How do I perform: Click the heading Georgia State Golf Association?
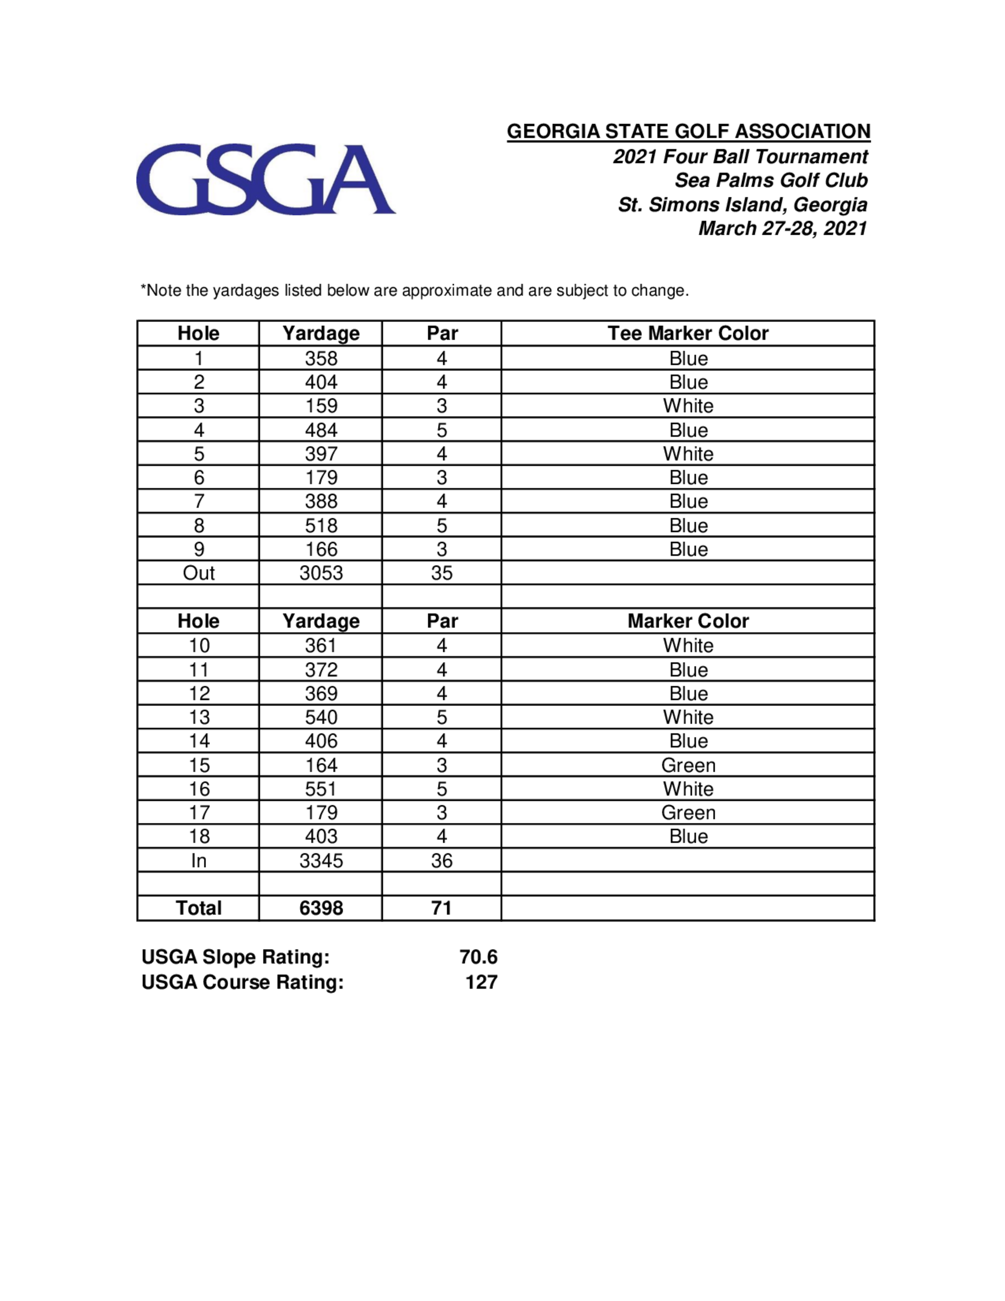pyautogui.click(x=688, y=131)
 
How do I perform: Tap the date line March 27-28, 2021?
pyautogui.click(x=782, y=228)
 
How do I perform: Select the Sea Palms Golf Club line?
pyautogui.click(x=771, y=180)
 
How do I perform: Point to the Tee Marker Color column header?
pyautogui.click(x=687, y=333)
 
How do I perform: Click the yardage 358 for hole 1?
pyautogui.click(x=321, y=358)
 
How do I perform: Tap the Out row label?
pyautogui.click(x=198, y=573)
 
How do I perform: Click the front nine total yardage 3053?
pyautogui.click(x=321, y=573)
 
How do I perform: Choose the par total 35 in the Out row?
pyautogui.click(x=442, y=573)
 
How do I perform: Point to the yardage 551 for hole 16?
pyautogui.click(x=321, y=789)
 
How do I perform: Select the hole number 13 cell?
pyautogui.click(x=199, y=717)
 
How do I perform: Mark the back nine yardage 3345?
pyautogui.click(x=321, y=861)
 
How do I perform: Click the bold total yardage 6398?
pyautogui.click(x=321, y=908)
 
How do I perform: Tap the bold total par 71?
pyautogui.click(x=442, y=908)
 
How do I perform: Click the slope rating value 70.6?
pyautogui.click(x=478, y=957)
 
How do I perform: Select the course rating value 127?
pyautogui.click(x=481, y=982)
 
